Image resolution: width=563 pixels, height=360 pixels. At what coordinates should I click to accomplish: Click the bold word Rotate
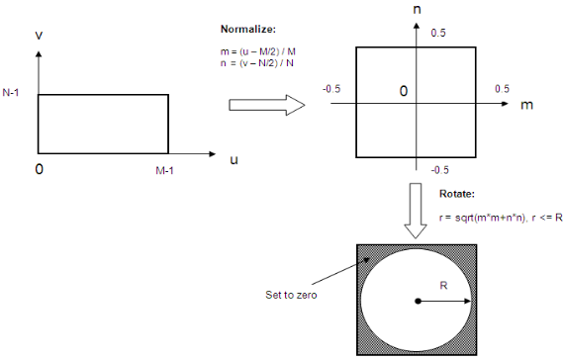(457, 195)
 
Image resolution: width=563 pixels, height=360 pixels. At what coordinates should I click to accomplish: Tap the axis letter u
(234, 158)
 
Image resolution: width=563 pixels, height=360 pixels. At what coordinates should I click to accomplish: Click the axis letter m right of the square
(527, 103)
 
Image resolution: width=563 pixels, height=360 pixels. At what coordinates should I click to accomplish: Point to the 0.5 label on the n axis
(439, 33)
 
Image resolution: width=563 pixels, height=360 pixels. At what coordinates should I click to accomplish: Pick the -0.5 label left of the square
(331, 88)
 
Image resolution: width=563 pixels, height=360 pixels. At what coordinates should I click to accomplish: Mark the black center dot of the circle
(419, 301)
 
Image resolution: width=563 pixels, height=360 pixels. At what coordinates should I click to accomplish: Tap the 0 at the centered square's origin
(404, 91)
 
